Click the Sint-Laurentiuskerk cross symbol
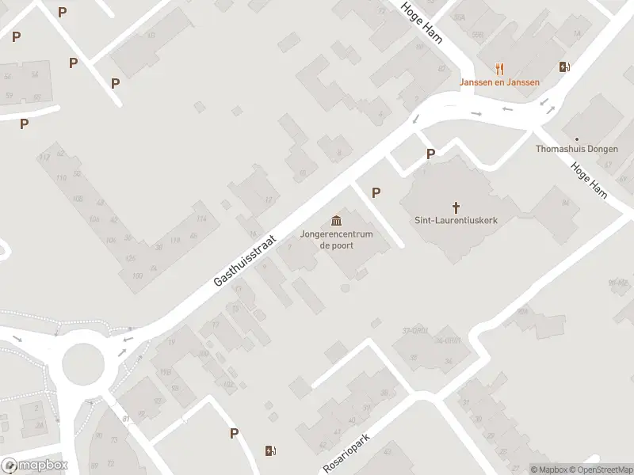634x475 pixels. click(x=456, y=205)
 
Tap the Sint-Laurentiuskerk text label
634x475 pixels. click(x=456, y=220)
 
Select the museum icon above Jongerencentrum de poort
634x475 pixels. click(x=337, y=219)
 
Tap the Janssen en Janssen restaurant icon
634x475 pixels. click(x=499, y=68)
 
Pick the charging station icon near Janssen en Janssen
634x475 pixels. click(x=563, y=67)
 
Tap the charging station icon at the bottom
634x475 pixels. click(x=270, y=451)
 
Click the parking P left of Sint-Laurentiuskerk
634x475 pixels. click(x=376, y=192)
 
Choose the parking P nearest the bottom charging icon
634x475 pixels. click(x=234, y=433)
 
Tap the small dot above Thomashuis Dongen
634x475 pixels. click(x=576, y=138)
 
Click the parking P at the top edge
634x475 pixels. click(x=63, y=12)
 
